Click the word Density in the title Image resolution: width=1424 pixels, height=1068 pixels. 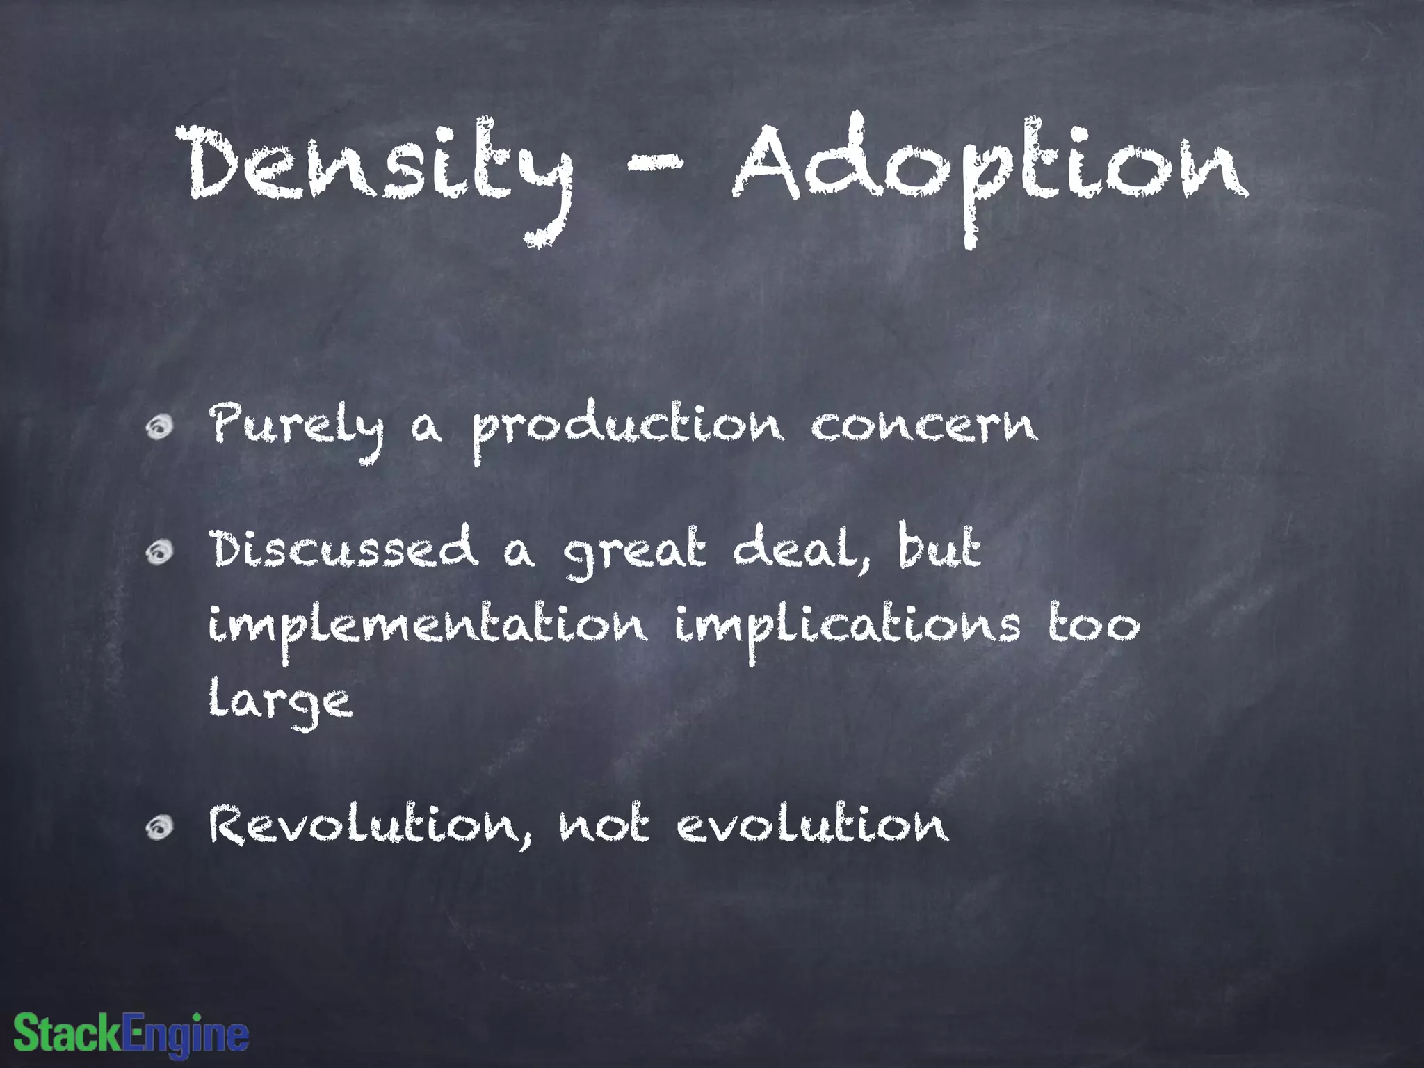pyautogui.click(x=379, y=167)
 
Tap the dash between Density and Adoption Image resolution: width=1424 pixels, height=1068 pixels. pyautogui.click(x=654, y=164)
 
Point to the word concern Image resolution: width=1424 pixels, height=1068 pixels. pyautogui.click(x=925, y=426)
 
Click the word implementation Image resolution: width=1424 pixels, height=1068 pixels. pyautogui.click(x=428, y=626)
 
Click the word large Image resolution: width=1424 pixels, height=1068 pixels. pyautogui.click(x=280, y=702)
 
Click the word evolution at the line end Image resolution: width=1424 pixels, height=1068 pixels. pyautogui.click(x=812, y=825)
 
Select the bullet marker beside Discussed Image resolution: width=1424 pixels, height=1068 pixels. pyautogui.click(x=159, y=552)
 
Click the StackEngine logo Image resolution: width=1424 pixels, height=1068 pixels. pyautogui.click(x=131, y=1033)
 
